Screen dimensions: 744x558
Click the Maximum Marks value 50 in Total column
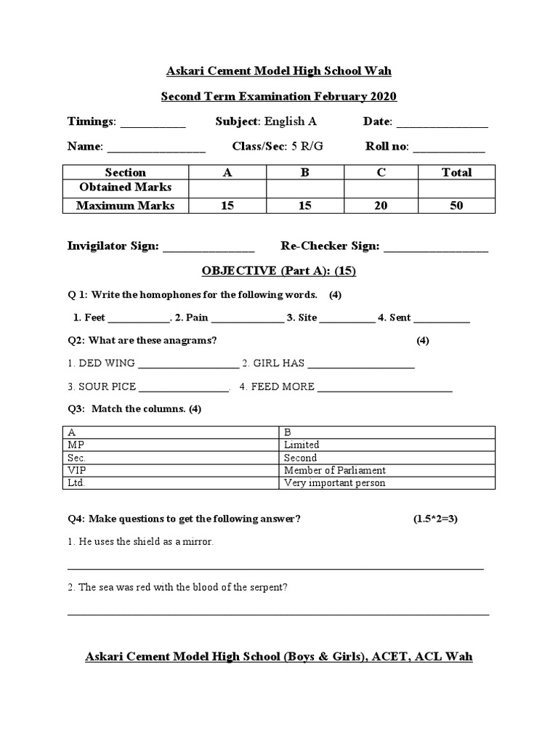(x=456, y=206)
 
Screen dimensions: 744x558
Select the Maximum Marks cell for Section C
(x=381, y=206)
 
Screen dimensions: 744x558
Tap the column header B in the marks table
(x=305, y=172)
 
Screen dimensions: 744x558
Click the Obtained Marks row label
(x=125, y=187)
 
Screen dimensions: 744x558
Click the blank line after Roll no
(x=448, y=148)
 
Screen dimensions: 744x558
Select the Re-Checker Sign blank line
(x=436, y=248)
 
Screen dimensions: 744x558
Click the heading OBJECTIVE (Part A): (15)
(x=278, y=271)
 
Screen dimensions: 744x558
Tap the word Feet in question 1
(x=95, y=318)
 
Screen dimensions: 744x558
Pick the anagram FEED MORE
(x=282, y=387)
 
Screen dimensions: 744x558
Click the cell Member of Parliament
(x=335, y=470)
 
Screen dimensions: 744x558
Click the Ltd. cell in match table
(x=76, y=483)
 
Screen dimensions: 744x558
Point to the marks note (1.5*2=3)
(x=436, y=519)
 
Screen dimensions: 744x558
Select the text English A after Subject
(x=290, y=121)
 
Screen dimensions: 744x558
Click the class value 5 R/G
(x=307, y=146)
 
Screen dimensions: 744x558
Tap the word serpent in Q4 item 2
(x=269, y=587)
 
